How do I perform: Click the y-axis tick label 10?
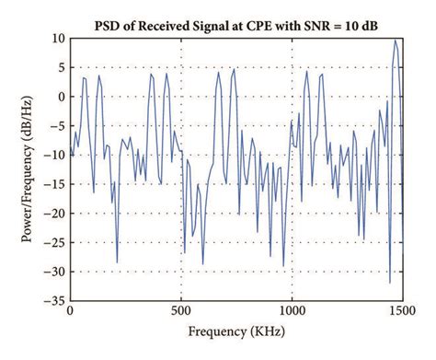[57, 39]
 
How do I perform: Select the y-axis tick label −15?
[53, 184]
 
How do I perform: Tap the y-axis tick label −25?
[53, 242]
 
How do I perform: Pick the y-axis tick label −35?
[53, 301]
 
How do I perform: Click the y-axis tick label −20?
[53, 214]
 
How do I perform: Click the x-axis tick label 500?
[181, 312]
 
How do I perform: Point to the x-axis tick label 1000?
[292, 312]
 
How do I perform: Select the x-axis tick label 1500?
[402, 312]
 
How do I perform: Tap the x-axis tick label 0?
[71, 312]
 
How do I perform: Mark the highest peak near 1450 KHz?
[396, 40]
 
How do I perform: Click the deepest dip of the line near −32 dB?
[390, 282]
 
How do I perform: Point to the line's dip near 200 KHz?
[117, 262]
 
